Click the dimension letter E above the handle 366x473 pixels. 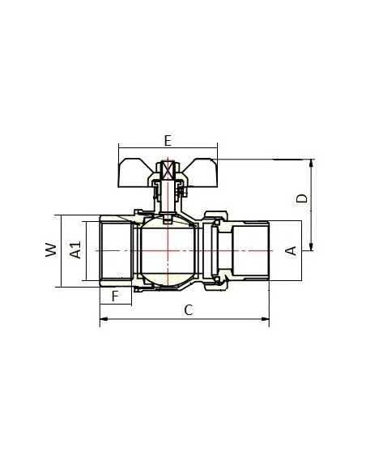[168, 141]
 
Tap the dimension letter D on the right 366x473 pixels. [302, 198]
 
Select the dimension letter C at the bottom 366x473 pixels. [189, 310]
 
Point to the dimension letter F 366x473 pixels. [115, 296]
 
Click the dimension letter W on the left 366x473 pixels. [51, 249]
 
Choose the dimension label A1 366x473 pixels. [75, 249]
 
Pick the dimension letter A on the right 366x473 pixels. [291, 251]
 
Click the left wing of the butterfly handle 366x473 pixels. [134, 173]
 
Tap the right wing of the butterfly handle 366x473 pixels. [200, 173]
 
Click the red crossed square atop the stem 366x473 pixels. [168, 171]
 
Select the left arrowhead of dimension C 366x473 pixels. [104, 318]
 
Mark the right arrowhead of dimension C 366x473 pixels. [265, 318]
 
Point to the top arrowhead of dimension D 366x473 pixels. [312, 163]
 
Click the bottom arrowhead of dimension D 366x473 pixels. [312, 246]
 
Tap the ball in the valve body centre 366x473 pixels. [168, 251]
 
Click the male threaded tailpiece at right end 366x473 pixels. [250, 251]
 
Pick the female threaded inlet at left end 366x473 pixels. [116, 251]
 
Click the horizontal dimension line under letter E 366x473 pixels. [168, 147]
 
